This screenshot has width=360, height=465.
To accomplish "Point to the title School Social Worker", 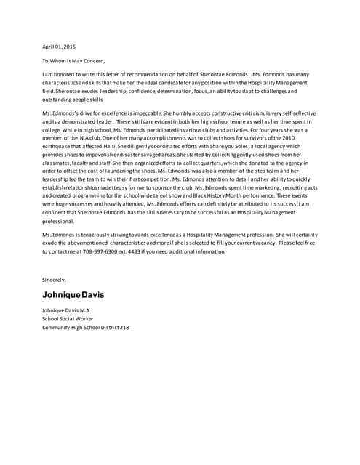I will click(x=68, y=319).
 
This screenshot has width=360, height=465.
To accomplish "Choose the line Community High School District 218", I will click(x=85, y=328).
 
